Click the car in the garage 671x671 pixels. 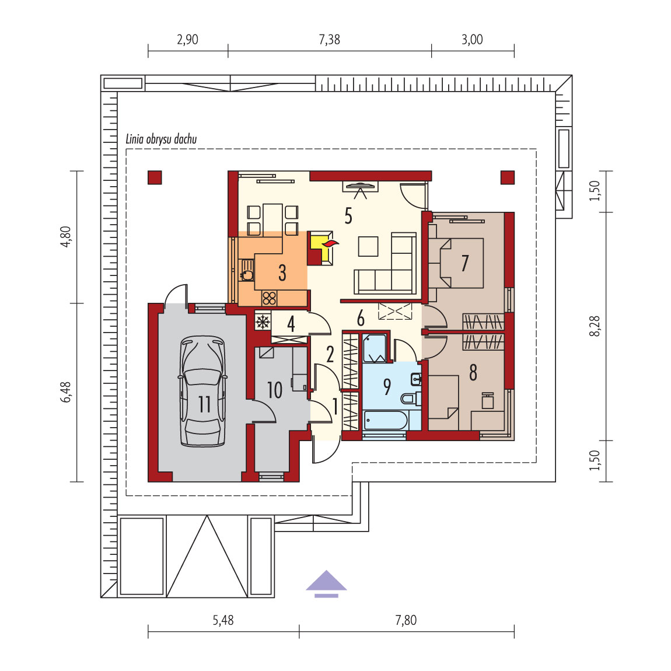202,391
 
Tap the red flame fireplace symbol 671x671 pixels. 330,244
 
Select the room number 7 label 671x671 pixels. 464,263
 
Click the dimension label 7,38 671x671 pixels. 330,40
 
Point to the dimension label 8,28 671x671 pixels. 595,326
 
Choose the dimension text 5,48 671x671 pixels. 223,620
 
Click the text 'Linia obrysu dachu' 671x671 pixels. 161,139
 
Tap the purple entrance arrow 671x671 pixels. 327,583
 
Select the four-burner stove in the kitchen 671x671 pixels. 269,298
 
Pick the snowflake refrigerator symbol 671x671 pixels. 263,322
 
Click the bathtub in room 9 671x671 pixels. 385,421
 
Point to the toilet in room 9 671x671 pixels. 410,399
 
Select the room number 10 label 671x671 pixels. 275,390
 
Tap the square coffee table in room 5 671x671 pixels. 368,246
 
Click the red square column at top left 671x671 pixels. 155,177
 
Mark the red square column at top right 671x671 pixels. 508,177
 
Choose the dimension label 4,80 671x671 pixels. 66,237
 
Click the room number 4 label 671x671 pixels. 291,324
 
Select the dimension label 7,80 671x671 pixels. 406,620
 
